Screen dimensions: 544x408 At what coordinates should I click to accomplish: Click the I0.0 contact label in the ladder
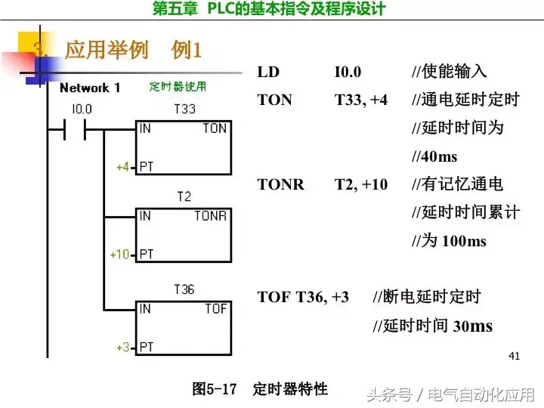(82, 109)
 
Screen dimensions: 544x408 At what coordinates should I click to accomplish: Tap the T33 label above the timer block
(184, 109)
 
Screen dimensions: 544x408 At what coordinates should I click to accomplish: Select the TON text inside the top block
(215, 128)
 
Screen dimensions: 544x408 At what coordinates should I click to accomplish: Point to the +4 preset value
(122, 166)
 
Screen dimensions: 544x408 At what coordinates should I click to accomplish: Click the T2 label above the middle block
(184, 196)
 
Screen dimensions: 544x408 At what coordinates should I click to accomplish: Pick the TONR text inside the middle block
(211, 216)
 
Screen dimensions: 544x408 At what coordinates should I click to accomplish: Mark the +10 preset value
(120, 254)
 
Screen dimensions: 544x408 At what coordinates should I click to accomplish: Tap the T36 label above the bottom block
(184, 289)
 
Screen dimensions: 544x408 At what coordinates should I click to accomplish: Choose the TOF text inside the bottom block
(215, 309)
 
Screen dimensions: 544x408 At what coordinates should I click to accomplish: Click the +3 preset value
(122, 347)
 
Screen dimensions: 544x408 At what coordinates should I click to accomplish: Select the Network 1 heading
(90, 88)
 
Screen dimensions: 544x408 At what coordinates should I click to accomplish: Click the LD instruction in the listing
(268, 73)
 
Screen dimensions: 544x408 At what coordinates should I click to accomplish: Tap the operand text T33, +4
(361, 100)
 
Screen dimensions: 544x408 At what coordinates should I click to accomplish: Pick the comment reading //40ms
(434, 157)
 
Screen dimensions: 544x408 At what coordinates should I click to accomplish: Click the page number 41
(515, 355)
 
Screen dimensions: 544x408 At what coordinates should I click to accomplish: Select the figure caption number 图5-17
(215, 389)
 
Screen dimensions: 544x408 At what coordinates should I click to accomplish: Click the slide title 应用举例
(107, 51)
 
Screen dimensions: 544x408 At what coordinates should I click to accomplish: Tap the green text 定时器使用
(178, 87)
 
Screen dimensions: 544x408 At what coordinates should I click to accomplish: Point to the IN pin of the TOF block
(145, 309)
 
